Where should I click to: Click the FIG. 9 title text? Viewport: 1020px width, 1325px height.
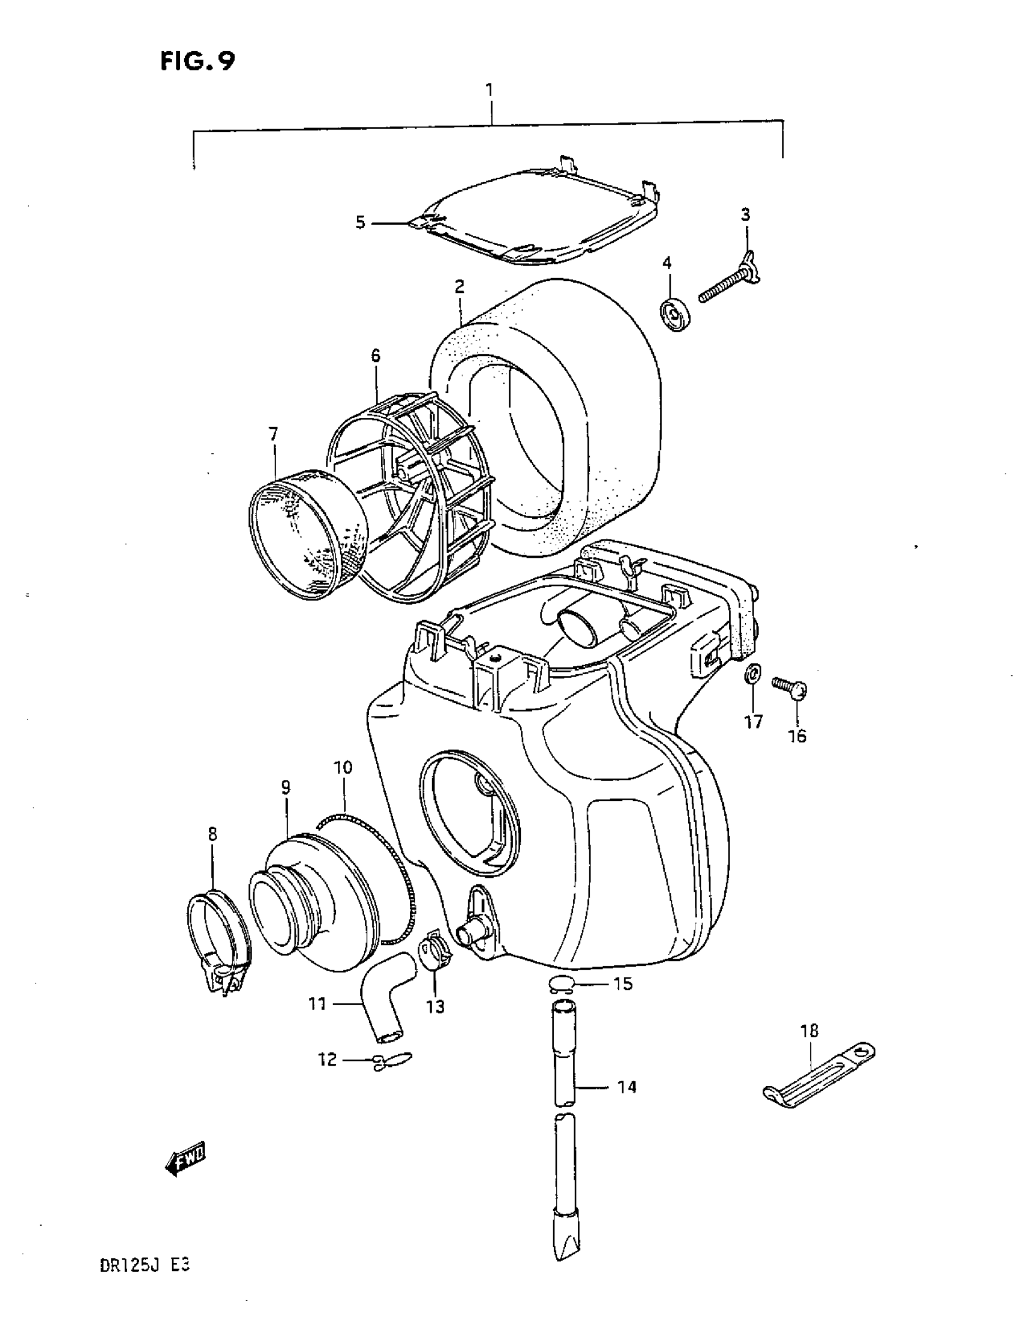[x=197, y=61]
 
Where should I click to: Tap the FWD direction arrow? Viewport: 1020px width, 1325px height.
[x=186, y=1161]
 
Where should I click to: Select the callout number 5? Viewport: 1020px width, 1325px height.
[x=360, y=223]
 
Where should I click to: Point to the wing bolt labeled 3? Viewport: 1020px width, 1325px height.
[x=730, y=285]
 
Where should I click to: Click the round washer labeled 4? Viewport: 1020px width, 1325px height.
[x=675, y=314]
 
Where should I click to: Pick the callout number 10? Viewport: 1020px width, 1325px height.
[x=343, y=767]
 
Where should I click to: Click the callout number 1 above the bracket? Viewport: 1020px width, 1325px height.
[x=489, y=91]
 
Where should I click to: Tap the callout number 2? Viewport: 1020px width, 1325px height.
[x=459, y=286]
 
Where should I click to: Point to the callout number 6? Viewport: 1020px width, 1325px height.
[x=376, y=355]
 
